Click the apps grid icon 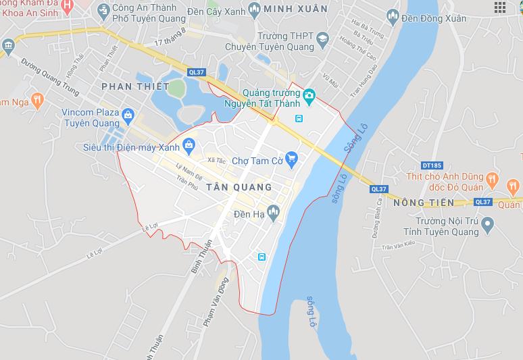[x=500, y=7]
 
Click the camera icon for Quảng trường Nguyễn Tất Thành [x=309, y=96]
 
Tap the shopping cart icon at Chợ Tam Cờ [x=292, y=159]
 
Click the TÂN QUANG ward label [x=239, y=187]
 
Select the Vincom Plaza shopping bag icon [x=127, y=119]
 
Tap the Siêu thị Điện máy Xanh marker [x=188, y=143]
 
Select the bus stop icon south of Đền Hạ [x=261, y=257]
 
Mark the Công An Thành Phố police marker [x=103, y=9]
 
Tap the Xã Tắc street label [x=216, y=161]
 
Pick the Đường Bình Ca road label [x=375, y=219]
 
